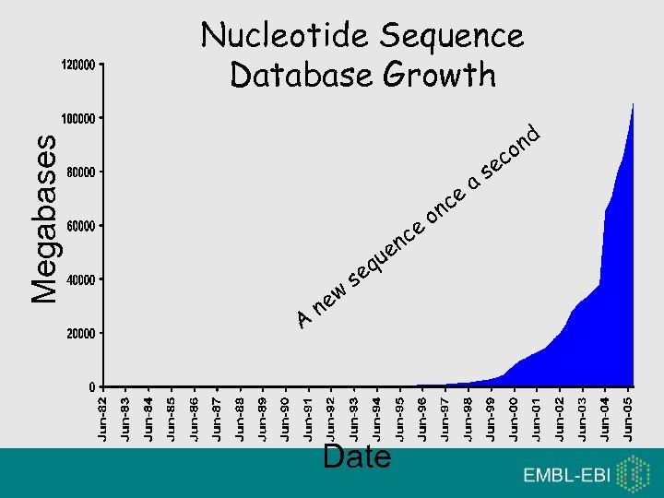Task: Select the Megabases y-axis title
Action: coord(44,218)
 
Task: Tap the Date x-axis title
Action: coord(357,456)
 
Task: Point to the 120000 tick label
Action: coord(77,65)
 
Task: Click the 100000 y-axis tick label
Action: coord(77,119)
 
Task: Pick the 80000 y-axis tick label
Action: coord(79,172)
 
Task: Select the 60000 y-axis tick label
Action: coord(79,225)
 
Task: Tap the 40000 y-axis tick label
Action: coord(79,279)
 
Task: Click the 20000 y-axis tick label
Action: coord(79,332)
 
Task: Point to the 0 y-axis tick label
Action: coord(90,385)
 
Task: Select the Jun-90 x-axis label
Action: coord(285,418)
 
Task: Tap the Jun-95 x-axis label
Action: coord(399,418)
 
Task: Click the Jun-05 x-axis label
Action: coord(628,418)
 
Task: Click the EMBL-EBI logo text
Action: coord(565,476)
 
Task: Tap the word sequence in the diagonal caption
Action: coord(387,248)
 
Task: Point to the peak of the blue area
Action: coord(633,105)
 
